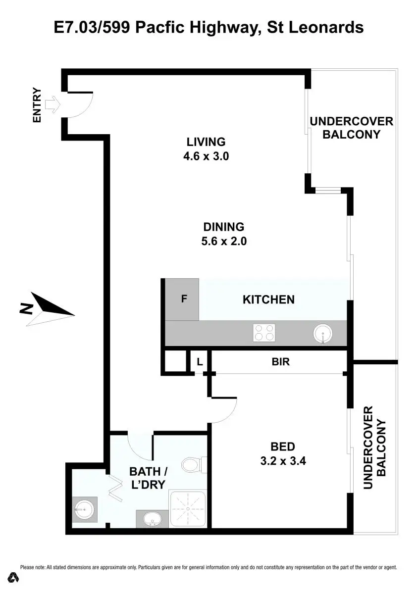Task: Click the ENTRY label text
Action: pyautogui.click(x=37, y=105)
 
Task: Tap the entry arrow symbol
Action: pyautogui.click(x=52, y=105)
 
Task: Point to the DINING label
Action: pyautogui.click(x=224, y=227)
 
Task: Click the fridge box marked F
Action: pyautogui.click(x=182, y=299)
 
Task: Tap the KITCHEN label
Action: pyautogui.click(x=268, y=299)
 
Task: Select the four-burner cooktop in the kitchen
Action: pyautogui.click(x=263, y=333)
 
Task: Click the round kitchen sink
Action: pyautogui.click(x=323, y=334)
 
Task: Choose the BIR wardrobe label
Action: pyautogui.click(x=281, y=362)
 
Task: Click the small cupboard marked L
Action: pyautogui.click(x=200, y=362)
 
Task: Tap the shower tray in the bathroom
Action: pyautogui.click(x=188, y=509)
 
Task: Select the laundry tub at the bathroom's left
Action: pyautogui.click(x=83, y=508)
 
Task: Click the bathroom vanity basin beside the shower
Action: pyautogui.click(x=151, y=519)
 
